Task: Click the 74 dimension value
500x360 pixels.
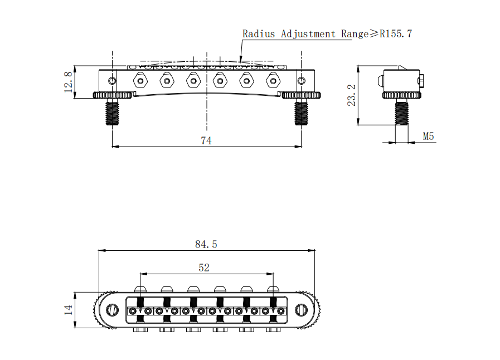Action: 206,140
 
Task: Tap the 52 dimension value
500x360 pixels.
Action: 204,267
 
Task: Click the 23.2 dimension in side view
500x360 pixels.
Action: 351,95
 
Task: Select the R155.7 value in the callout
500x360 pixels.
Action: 396,33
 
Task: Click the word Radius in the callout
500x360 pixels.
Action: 259,33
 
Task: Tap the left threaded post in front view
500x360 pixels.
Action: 113,112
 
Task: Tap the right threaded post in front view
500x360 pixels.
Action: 302,112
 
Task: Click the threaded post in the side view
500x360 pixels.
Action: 401,112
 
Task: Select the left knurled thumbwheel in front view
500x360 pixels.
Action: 113,95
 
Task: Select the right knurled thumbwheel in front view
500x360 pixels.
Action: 302,95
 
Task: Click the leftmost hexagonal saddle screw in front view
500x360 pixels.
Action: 140,81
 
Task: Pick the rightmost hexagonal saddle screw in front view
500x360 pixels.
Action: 273,81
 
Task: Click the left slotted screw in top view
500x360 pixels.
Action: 113,309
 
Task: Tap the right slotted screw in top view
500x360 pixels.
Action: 301,309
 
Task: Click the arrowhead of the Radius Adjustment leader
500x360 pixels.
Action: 240,60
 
